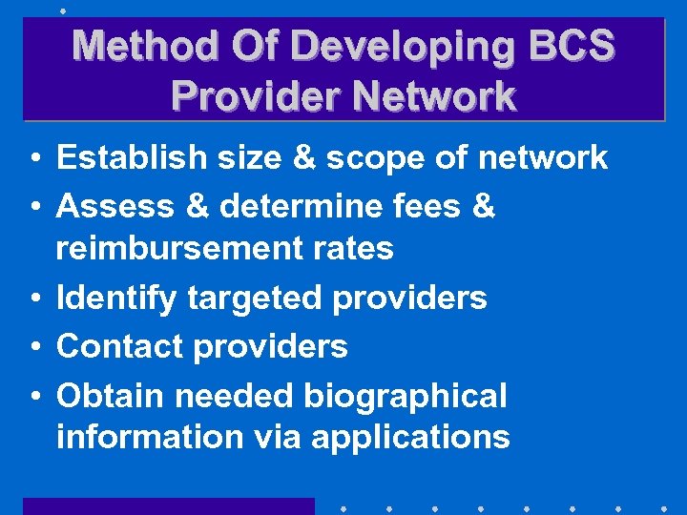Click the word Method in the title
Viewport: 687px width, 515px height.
tap(135, 46)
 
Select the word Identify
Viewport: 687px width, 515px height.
tap(116, 299)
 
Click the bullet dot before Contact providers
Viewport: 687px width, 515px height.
tap(33, 347)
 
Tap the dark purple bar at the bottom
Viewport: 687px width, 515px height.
tap(168, 506)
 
